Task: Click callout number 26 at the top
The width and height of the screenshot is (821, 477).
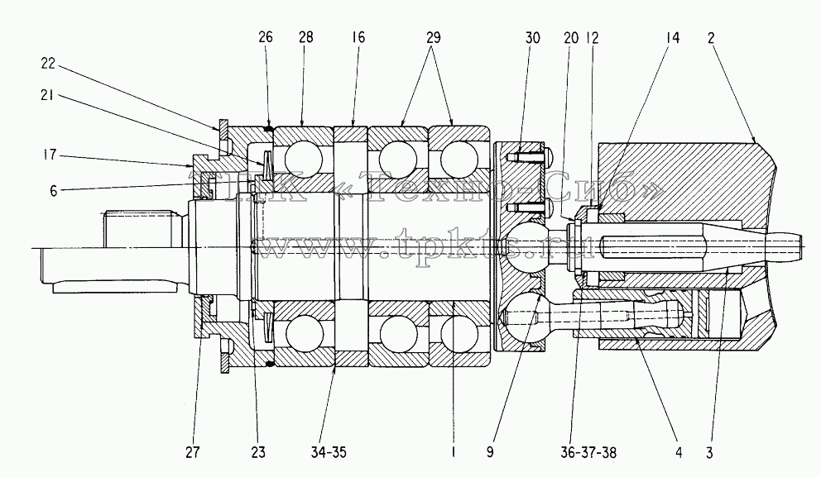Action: (266, 37)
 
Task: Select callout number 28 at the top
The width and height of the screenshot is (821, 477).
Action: (305, 37)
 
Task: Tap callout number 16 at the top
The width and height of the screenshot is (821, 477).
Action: (358, 37)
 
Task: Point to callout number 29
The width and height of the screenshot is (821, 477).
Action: (434, 37)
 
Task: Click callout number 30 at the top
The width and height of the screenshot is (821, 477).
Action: (532, 38)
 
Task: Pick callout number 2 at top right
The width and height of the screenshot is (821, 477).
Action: (711, 38)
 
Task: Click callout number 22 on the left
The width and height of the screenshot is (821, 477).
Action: (48, 64)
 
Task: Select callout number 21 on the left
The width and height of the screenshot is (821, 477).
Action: (47, 96)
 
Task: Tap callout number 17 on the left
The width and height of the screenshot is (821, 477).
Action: (49, 155)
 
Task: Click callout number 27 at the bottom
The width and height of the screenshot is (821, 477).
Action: (193, 452)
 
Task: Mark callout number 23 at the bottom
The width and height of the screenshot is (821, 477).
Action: (258, 452)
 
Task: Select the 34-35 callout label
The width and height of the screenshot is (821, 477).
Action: (329, 452)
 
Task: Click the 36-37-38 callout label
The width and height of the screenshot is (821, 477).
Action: (588, 452)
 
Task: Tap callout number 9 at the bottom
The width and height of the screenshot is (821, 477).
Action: (490, 452)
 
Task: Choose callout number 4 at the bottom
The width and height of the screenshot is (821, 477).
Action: (679, 452)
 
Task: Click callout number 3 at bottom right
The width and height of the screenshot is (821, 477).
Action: (710, 452)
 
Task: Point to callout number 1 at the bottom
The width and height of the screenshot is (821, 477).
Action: (454, 452)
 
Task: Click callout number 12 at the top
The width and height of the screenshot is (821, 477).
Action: (593, 38)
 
